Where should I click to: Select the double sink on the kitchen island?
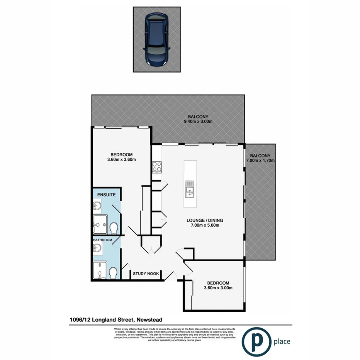coord(189,189)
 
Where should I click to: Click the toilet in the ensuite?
coord(114,229)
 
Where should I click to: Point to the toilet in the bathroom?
coord(113,273)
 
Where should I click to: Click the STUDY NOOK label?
coord(146,274)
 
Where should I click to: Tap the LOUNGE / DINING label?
coord(205,221)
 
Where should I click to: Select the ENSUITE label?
coord(106,195)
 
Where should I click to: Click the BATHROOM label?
coord(102,240)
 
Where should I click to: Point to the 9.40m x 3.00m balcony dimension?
coord(198,122)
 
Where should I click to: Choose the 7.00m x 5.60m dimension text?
coord(205,226)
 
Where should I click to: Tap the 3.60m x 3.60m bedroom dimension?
coord(121,159)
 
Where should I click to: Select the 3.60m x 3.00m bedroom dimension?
coord(218,288)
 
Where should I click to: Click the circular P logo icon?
coord(256,341)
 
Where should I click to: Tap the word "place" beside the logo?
coord(282,341)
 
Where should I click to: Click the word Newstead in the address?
coord(148,319)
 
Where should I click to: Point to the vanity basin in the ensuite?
coord(97,207)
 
